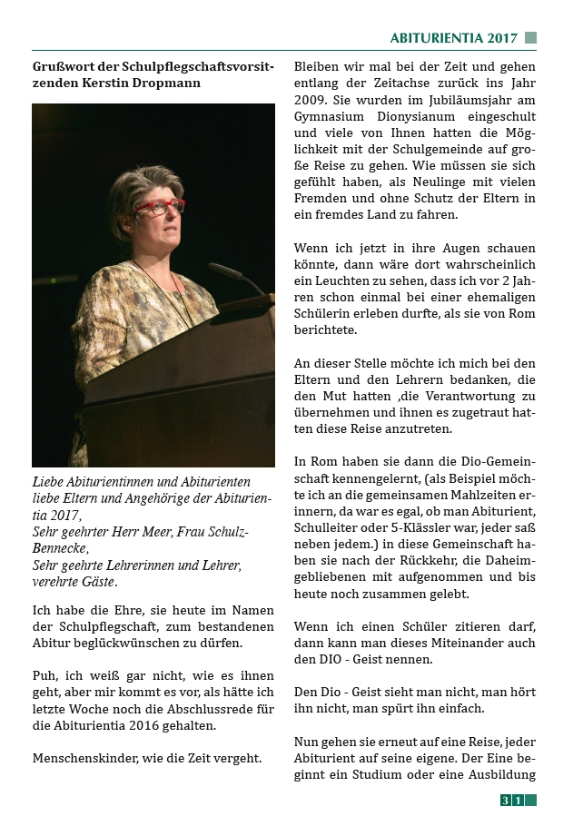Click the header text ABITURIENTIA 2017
point(453,38)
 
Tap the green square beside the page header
point(531,38)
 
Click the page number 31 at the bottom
point(512,801)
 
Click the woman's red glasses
point(160,207)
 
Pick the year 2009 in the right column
point(312,100)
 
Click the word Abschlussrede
point(185,710)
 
